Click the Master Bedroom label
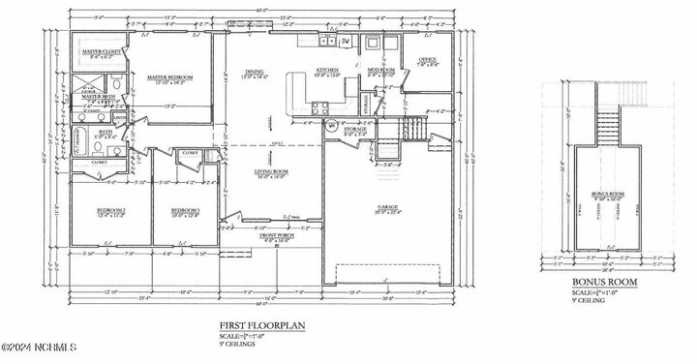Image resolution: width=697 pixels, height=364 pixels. point(170,77)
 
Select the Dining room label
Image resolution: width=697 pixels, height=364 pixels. point(255,71)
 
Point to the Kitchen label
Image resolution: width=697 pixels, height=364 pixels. point(326,71)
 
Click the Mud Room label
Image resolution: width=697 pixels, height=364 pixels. point(380,71)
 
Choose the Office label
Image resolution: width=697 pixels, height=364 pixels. point(427,60)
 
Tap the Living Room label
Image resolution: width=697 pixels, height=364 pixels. point(268,172)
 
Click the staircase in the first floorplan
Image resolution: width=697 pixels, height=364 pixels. point(411,128)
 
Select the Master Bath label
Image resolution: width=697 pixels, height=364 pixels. point(99,98)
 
